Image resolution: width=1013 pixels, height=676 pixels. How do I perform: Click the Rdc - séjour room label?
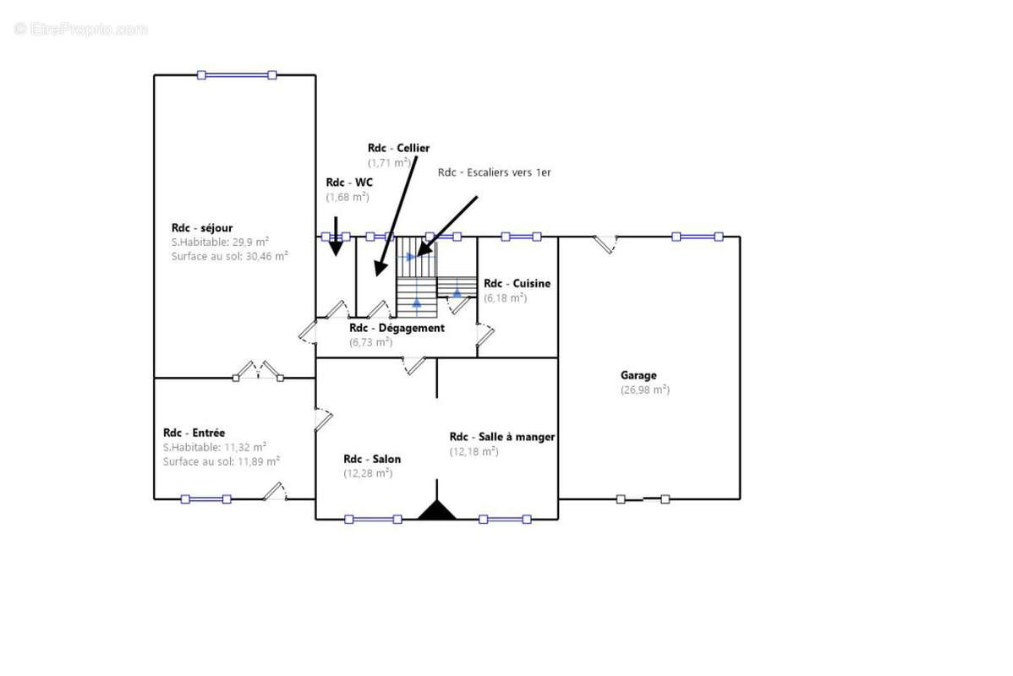pyautogui.click(x=201, y=228)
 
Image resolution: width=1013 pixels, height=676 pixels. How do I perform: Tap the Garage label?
pyautogui.click(x=638, y=375)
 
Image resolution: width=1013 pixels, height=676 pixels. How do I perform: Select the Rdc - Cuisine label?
pyautogui.click(x=517, y=283)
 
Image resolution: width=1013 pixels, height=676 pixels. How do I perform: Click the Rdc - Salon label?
pyautogui.click(x=372, y=459)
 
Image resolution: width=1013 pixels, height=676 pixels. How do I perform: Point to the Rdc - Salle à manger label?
pyautogui.click(x=502, y=437)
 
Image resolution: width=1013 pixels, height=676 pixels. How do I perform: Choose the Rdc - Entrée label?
pyautogui.click(x=194, y=433)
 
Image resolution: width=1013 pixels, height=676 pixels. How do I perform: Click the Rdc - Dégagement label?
pyautogui.click(x=397, y=328)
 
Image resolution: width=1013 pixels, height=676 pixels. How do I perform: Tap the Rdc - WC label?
pyautogui.click(x=349, y=183)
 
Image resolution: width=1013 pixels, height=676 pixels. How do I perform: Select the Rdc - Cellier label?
pyautogui.click(x=398, y=148)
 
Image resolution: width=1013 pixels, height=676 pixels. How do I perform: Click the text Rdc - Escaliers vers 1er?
pyautogui.click(x=494, y=172)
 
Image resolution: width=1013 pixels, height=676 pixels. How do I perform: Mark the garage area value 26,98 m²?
pyautogui.click(x=645, y=390)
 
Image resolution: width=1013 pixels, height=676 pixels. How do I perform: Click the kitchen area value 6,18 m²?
pyautogui.click(x=505, y=297)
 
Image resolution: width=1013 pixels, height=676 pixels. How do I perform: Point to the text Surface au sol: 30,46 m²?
pyautogui.click(x=229, y=256)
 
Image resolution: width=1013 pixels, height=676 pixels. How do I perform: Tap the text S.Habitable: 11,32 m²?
pyautogui.click(x=215, y=448)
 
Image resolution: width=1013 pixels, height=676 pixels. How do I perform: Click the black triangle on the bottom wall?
pyautogui.click(x=436, y=510)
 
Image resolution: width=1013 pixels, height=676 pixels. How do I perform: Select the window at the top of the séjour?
pyautogui.click(x=237, y=75)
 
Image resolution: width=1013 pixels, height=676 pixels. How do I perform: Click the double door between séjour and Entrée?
pyautogui.click(x=258, y=371)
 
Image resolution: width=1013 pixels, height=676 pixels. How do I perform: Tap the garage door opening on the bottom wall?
pyautogui.click(x=643, y=499)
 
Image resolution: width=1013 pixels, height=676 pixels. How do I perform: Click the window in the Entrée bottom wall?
pyautogui.click(x=206, y=499)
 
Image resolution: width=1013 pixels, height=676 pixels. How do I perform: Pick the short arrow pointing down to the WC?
pyautogui.click(x=336, y=236)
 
